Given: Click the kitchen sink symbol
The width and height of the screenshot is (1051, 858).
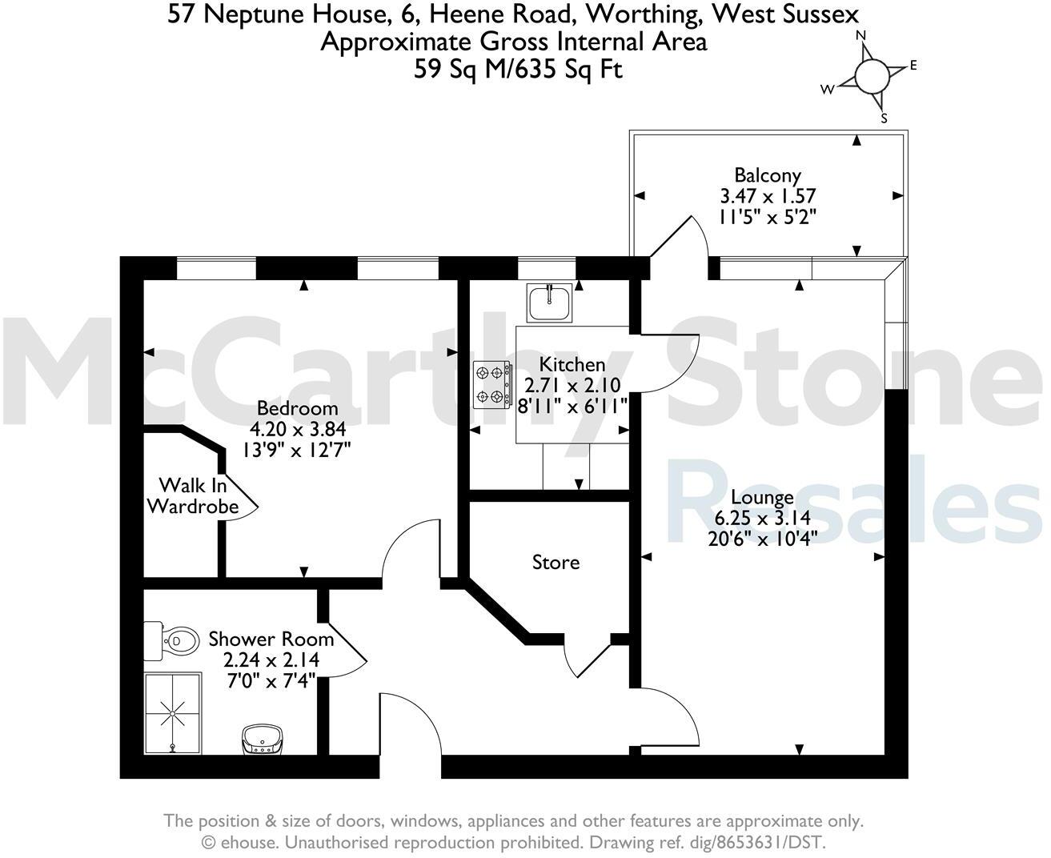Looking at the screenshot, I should tap(549, 303).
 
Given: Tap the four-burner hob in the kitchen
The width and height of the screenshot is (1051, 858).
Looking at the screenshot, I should tap(492, 384).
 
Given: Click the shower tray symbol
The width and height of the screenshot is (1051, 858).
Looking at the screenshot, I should tap(172, 713).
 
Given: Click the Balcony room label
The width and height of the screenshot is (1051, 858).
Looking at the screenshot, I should tap(767, 174).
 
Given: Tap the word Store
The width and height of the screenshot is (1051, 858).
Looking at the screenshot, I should tap(556, 563).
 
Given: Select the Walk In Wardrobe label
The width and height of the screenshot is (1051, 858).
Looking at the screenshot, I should tap(192, 496).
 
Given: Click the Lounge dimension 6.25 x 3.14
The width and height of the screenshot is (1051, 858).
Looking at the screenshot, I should tap(762, 518).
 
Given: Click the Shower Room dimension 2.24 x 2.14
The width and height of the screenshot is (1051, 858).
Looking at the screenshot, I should tap(271, 660).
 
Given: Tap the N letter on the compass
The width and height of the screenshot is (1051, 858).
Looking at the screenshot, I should tap(861, 35).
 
